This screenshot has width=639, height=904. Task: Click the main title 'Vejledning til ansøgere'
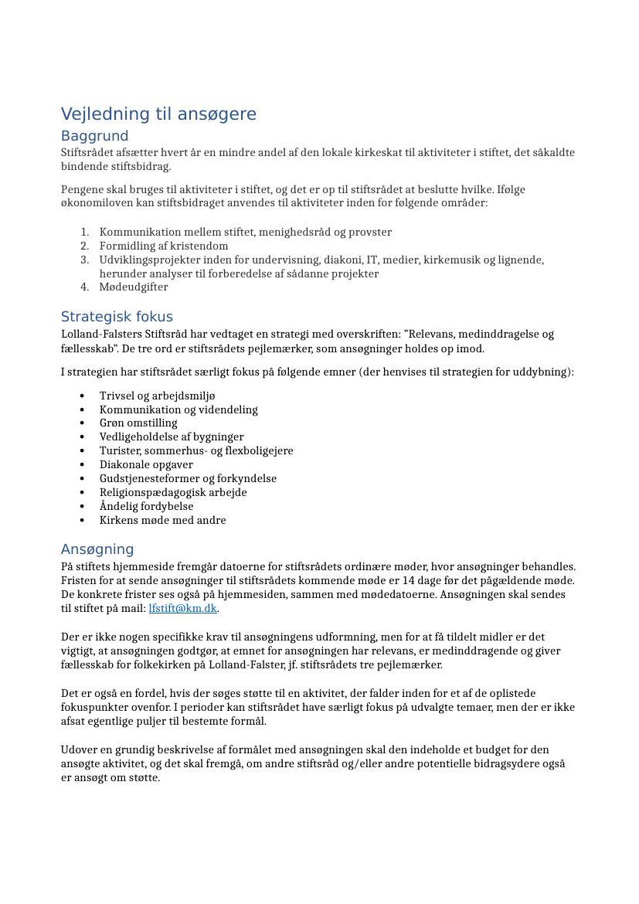tap(158, 114)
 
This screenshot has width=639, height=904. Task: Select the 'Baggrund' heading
tap(94, 136)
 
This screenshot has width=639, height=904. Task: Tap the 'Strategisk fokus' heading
tap(117, 317)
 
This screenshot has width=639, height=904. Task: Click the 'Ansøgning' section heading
tap(97, 549)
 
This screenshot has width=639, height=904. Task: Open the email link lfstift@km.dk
tap(182, 609)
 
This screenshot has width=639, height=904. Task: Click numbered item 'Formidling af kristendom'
tap(163, 246)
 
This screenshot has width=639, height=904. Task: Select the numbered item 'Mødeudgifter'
tap(133, 287)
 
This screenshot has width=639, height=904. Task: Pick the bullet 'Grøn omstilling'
tap(138, 423)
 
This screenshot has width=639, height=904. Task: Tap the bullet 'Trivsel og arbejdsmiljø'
tap(157, 396)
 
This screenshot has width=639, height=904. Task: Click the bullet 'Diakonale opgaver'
tap(146, 465)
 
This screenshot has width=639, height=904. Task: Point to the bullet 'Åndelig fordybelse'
tap(146, 507)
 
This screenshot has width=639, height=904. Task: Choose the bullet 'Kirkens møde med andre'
tap(162, 521)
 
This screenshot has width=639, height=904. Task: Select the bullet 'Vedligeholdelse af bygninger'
tap(171, 437)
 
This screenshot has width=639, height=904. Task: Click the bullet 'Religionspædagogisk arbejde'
tap(173, 493)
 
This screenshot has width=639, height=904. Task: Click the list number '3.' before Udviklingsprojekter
tap(85, 260)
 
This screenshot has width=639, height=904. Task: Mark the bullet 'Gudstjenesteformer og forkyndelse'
tap(188, 479)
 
